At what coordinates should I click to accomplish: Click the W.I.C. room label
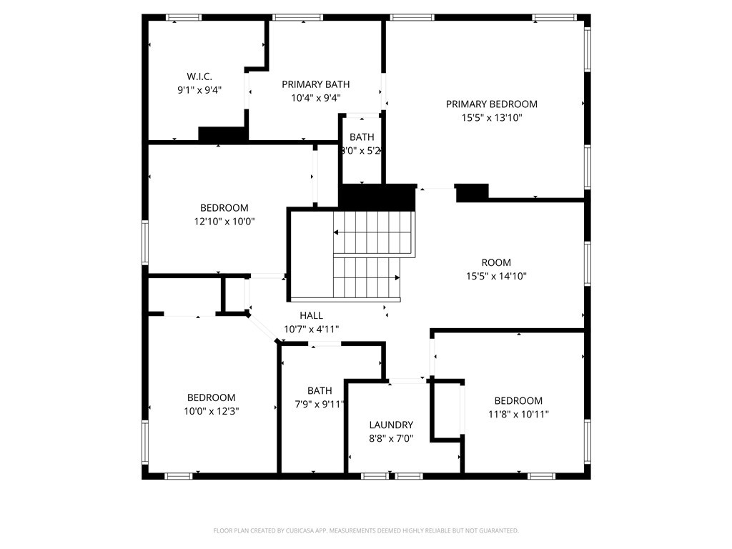(x=199, y=76)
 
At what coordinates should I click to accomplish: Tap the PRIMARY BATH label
(x=310, y=84)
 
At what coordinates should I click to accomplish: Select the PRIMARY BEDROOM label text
(x=491, y=104)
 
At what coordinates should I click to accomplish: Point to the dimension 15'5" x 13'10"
(x=491, y=118)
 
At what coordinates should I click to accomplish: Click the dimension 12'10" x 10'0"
(x=224, y=222)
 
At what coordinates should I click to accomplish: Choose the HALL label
(x=311, y=315)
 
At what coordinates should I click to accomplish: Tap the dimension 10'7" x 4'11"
(x=311, y=329)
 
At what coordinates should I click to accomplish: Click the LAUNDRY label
(x=391, y=425)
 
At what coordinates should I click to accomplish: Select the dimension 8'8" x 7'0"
(x=391, y=438)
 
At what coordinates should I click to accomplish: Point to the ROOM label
(x=495, y=262)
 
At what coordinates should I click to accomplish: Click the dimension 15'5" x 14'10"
(x=495, y=276)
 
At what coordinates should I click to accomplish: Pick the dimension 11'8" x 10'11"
(x=518, y=414)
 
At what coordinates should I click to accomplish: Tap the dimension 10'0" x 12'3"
(x=211, y=411)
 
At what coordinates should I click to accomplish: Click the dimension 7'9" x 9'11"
(x=320, y=404)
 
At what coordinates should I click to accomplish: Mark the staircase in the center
(x=366, y=255)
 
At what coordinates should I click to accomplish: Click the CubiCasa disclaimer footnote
(x=366, y=530)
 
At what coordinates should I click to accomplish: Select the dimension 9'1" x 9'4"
(x=199, y=90)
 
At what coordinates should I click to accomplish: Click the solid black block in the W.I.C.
(x=222, y=134)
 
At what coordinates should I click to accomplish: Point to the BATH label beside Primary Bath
(x=362, y=137)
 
